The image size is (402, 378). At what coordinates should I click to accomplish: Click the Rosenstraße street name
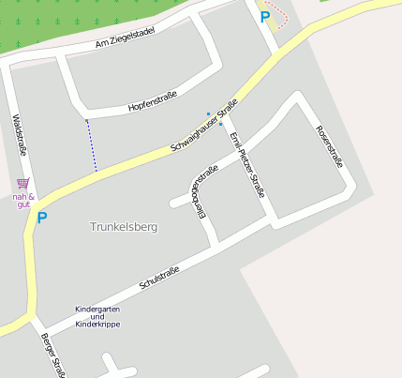point(329,146)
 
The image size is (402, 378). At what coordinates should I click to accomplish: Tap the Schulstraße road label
point(158,277)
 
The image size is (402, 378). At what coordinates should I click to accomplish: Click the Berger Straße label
point(52,355)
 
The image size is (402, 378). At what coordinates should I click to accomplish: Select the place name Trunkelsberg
point(124,227)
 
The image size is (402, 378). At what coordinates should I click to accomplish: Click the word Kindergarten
point(98,309)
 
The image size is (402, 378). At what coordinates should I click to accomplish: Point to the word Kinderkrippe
point(98,324)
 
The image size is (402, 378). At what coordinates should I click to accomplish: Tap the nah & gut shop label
point(23,200)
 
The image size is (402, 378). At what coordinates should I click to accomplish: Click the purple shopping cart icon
point(22,183)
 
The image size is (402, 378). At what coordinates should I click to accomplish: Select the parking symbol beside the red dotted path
point(265,16)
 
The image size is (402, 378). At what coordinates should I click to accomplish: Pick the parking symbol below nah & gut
point(40,219)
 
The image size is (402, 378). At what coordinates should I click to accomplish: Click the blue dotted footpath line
point(91,145)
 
